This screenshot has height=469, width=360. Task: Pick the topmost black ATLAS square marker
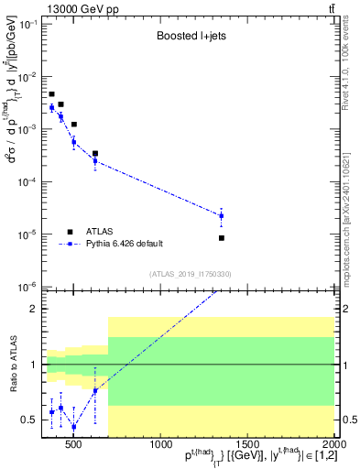(x=51, y=94)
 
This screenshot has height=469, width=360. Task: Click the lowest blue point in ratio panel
(x=73, y=427)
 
